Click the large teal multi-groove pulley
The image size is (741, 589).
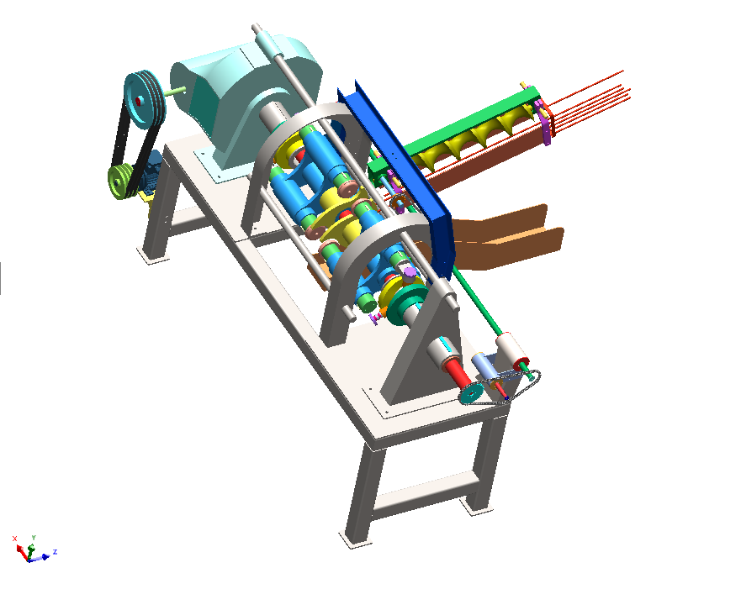coord(144,99)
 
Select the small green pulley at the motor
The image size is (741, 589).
coord(120,181)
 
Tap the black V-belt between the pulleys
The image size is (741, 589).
coord(137,142)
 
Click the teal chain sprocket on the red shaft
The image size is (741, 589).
coord(472,393)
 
